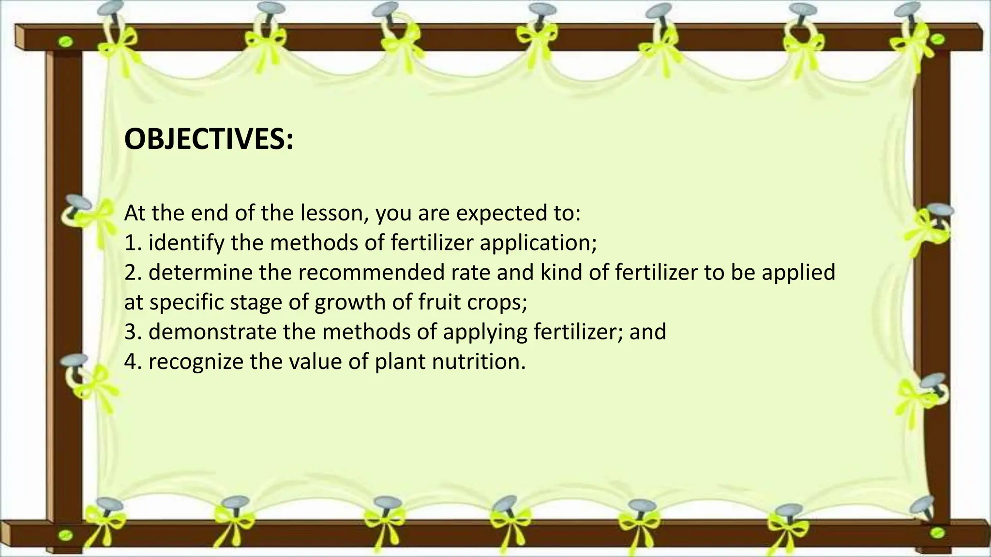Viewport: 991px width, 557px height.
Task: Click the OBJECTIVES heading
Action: tap(209, 139)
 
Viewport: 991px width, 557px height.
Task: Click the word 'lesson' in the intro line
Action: tap(333, 213)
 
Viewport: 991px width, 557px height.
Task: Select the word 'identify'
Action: tap(187, 243)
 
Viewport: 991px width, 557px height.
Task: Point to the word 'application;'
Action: tap(538, 243)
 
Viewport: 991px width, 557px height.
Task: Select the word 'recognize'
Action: tap(195, 362)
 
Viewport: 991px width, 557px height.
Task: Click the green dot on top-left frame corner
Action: tap(66, 43)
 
